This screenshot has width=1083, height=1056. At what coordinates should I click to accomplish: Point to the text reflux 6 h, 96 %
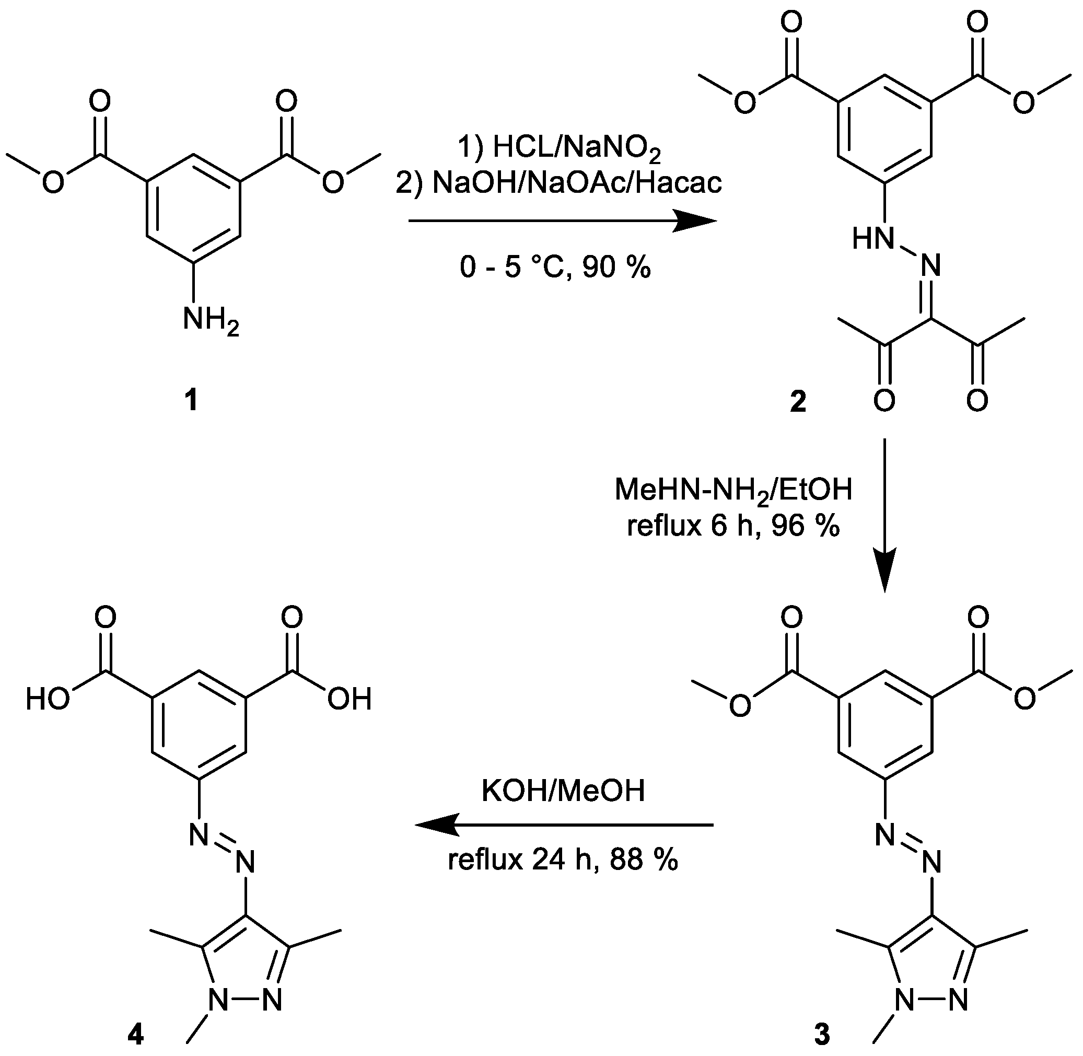coord(733,525)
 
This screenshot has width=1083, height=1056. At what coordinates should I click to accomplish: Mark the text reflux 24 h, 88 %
coord(563,860)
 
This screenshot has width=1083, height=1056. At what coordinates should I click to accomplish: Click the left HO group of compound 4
coord(48,700)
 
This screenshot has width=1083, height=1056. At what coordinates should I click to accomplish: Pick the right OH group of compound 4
coord(350,700)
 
